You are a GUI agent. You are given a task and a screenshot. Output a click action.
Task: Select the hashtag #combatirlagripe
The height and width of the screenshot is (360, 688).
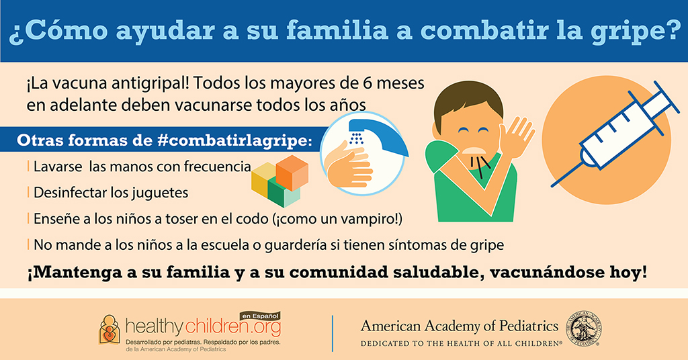pos(234,140)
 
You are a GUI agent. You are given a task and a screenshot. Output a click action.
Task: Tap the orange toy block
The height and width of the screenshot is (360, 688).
pos(292,173)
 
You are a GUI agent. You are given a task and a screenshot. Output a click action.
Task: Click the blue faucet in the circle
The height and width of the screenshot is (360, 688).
pos(378,135)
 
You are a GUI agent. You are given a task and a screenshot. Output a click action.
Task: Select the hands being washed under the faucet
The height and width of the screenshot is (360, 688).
pos(349,167)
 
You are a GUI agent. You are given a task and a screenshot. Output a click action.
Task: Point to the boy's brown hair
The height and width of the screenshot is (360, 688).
pos(468,101)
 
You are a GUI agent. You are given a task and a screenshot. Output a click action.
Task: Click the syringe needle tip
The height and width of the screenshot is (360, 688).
pos(552,186)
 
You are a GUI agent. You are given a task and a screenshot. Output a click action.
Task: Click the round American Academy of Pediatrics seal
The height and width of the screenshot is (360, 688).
pos(585,329)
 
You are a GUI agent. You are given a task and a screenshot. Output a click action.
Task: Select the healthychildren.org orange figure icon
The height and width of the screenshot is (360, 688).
pos(110,329)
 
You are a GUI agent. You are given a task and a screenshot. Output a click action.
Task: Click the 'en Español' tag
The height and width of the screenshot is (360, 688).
pos(260,316)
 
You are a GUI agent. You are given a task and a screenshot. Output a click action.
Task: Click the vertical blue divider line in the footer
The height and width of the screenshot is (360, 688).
pos(333,333)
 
